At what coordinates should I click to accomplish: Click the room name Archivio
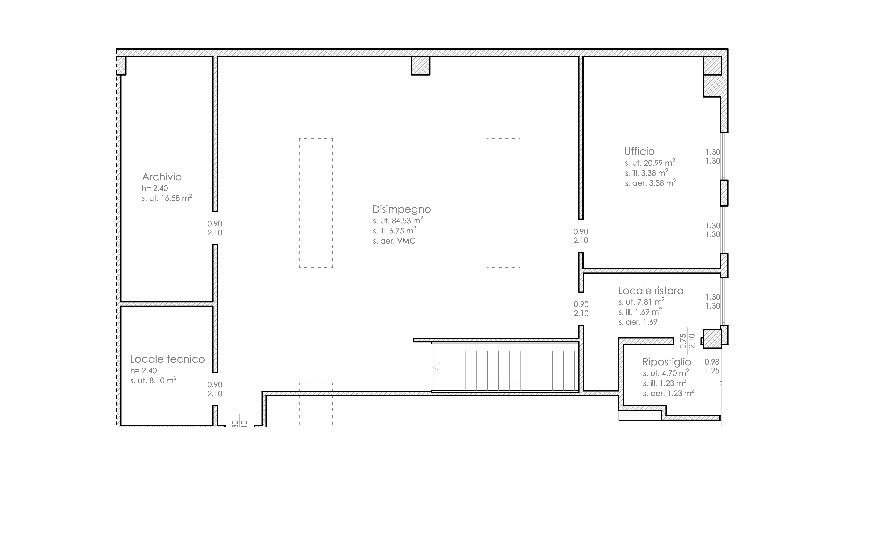point(162,177)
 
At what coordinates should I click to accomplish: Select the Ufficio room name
point(640,151)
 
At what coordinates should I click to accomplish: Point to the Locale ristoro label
point(651,291)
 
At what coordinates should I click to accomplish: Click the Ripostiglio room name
point(667,362)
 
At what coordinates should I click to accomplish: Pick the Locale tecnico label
point(167,359)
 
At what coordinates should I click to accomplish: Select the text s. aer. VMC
point(394,241)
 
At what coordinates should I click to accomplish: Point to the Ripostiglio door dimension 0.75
point(683,341)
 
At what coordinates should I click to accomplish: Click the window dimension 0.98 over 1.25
point(712,366)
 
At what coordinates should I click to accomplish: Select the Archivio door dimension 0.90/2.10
point(215,228)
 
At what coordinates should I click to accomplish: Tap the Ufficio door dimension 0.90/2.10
point(581,236)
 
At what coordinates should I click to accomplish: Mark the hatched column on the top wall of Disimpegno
point(421,66)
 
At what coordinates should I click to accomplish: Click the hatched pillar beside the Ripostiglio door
point(712,339)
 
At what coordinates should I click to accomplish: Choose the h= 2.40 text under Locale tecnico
point(144,371)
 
